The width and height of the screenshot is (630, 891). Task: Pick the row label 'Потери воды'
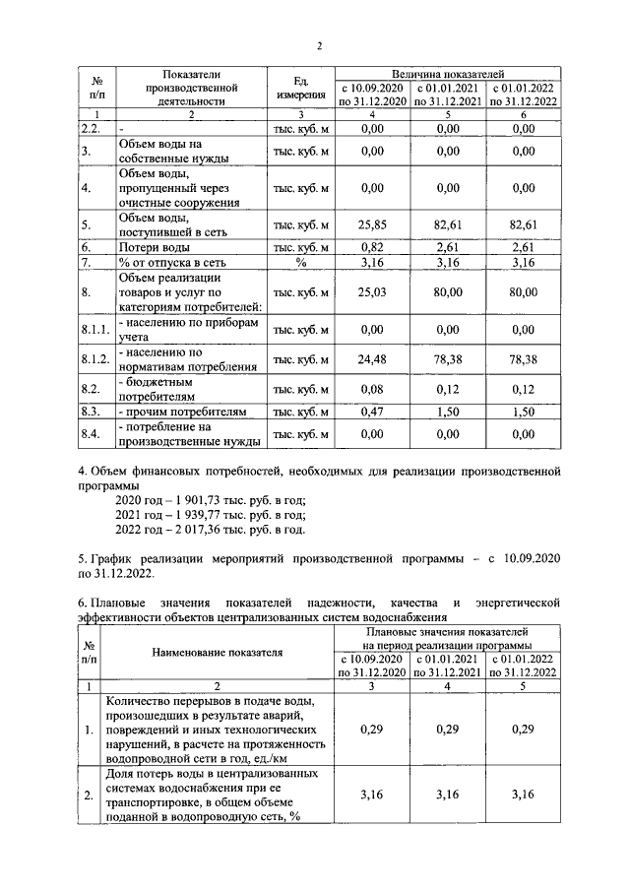click(153, 248)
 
